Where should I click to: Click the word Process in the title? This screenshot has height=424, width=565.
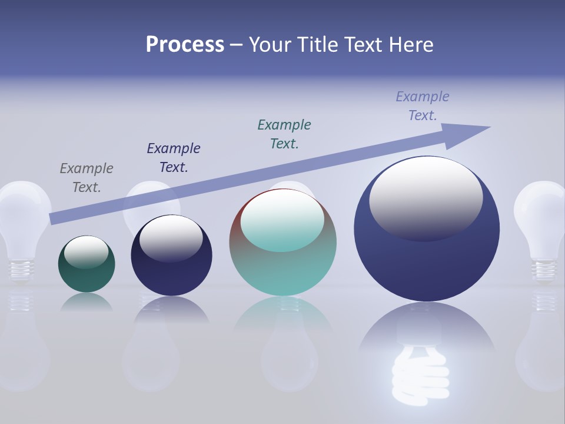point(185,45)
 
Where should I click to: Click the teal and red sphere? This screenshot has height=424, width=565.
point(282,271)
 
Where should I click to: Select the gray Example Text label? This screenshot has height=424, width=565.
point(87,178)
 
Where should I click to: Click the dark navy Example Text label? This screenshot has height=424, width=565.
point(174,158)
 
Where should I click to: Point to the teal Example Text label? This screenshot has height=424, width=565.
point(284,134)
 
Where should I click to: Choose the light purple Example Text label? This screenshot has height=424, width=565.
point(423,106)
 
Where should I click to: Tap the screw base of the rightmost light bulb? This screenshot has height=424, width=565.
point(544,269)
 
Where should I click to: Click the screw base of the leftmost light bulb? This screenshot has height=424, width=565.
point(21,269)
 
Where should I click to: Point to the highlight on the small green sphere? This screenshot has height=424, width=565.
point(87,251)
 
